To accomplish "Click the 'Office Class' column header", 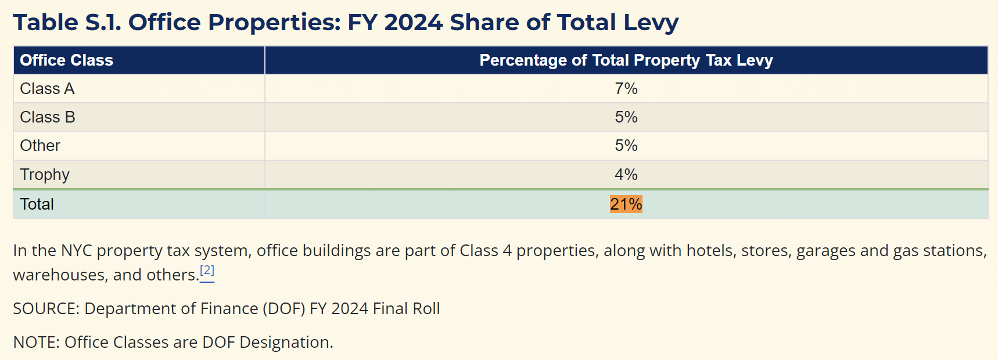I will pyautogui.click(x=66, y=60).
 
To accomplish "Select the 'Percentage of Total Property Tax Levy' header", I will pyautogui.click(x=626, y=60).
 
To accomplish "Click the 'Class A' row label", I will pyautogui.click(x=47, y=89).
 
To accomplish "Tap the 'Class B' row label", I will pyautogui.click(x=47, y=117).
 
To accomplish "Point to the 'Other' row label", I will pyautogui.click(x=40, y=146).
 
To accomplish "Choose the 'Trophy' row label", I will pyautogui.click(x=45, y=175).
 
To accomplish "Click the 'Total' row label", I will pyautogui.click(x=37, y=204).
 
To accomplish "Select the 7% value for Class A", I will pyautogui.click(x=626, y=89).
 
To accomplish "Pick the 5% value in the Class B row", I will pyautogui.click(x=626, y=117).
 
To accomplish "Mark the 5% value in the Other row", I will pyautogui.click(x=626, y=146).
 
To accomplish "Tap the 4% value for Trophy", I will pyautogui.click(x=626, y=175).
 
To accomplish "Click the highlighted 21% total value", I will pyautogui.click(x=626, y=204).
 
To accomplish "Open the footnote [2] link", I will pyautogui.click(x=207, y=271).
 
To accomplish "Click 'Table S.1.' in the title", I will pyautogui.click(x=67, y=23).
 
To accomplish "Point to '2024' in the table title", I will pyautogui.click(x=414, y=23).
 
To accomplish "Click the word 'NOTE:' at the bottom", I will pyautogui.click(x=36, y=343).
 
